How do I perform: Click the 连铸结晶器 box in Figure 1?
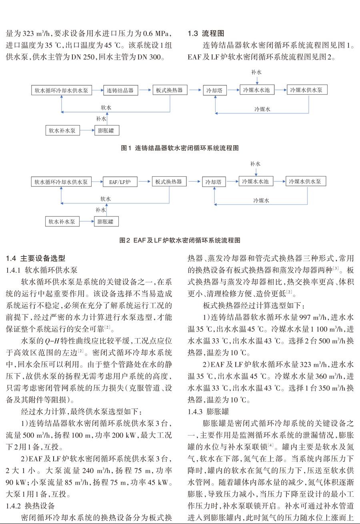121,90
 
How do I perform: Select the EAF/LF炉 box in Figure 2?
120,182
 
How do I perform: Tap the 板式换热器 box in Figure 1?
170,90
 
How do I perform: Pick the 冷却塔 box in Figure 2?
214,182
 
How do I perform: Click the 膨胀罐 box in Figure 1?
107,130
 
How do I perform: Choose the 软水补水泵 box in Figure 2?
62,222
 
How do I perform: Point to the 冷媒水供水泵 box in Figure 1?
307,90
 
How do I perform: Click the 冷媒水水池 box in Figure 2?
256,181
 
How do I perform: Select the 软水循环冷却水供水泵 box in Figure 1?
62,90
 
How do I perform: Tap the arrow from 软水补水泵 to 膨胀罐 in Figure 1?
87,130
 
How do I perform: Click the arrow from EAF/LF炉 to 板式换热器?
144,181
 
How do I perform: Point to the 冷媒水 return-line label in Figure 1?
262,109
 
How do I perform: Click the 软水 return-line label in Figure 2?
106,199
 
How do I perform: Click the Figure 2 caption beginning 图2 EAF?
180,240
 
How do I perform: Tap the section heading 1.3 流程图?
206,34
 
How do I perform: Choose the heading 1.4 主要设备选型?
36,258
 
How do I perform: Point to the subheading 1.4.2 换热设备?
30,506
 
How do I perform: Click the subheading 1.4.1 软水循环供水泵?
42,270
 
